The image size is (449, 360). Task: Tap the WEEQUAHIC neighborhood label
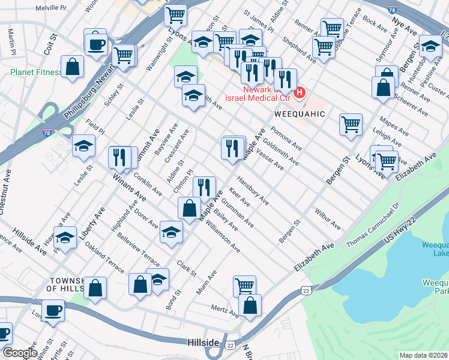click(x=300, y=113)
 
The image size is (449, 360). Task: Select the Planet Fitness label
click(x=36, y=73)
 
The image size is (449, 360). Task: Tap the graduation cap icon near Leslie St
click(x=83, y=146)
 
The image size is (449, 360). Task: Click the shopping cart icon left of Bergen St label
click(x=351, y=125)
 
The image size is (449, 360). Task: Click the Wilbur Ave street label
click(x=327, y=219)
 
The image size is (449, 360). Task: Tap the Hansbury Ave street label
click(x=252, y=190)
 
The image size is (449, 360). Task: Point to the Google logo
click(x=19, y=352)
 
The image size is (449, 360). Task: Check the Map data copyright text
click(x=424, y=355)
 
